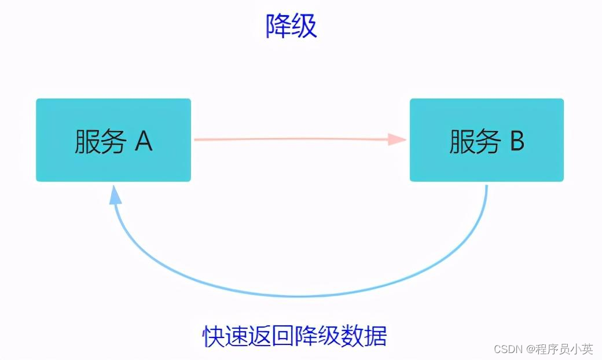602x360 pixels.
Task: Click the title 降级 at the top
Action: tap(291, 27)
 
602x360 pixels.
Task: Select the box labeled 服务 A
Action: tap(113, 140)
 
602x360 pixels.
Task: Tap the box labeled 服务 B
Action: tap(486, 140)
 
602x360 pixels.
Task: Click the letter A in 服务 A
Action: tap(144, 141)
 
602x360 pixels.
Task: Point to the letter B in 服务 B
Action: tap(516, 141)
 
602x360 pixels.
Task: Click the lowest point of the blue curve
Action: tap(298, 296)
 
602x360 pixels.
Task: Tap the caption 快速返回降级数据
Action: tap(295, 336)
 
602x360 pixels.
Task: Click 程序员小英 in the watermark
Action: tap(564, 349)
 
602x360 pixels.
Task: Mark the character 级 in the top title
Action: tap(304, 27)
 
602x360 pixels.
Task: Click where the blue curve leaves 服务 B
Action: tap(486, 186)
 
